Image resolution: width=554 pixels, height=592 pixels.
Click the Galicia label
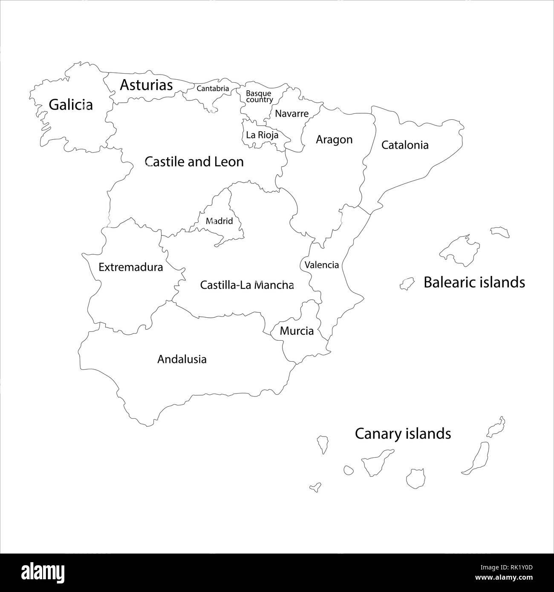pyautogui.click(x=71, y=104)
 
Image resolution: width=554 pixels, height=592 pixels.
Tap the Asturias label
pyautogui.click(x=146, y=85)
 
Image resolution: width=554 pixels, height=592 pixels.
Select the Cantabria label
pyautogui.click(x=213, y=89)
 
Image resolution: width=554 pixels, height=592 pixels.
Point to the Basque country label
pyautogui.click(x=259, y=97)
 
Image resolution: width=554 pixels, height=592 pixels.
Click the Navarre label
pyautogui.click(x=291, y=114)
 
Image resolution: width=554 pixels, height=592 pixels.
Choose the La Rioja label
pyautogui.click(x=262, y=135)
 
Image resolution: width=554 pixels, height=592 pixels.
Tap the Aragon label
pyautogui.click(x=334, y=140)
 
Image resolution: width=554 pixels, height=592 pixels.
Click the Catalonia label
pyautogui.click(x=405, y=145)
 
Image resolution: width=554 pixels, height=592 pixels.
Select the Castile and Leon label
pyautogui.click(x=194, y=162)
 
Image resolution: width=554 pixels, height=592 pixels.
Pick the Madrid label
pyautogui.click(x=219, y=221)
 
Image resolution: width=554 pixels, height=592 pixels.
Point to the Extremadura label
pyautogui.click(x=130, y=267)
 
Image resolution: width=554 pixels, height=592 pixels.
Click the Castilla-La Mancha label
pyautogui.click(x=247, y=285)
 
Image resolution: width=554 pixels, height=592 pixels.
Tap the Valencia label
pyautogui.click(x=322, y=265)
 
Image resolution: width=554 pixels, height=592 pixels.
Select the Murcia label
pyautogui.click(x=297, y=331)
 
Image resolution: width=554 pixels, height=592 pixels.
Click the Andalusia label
pyautogui.click(x=182, y=359)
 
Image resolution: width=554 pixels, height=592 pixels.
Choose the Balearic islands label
pyautogui.click(x=474, y=282)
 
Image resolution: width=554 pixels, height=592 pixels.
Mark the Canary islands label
pyautogui.click(x=403, y=434)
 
